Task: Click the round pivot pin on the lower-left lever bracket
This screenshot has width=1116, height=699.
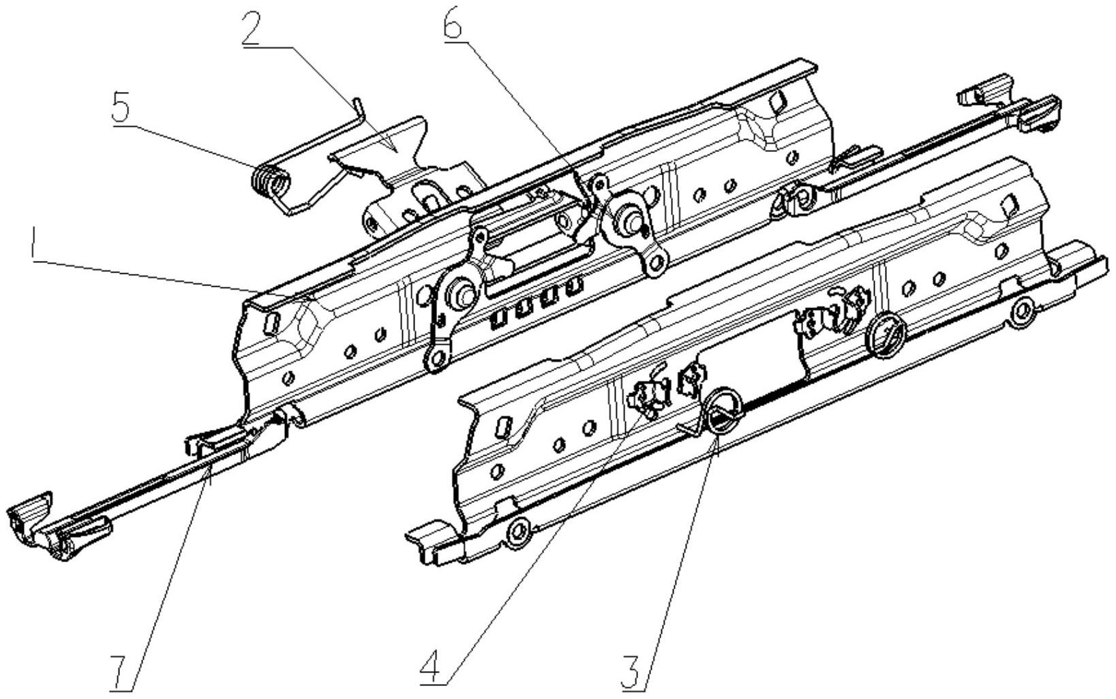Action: (462, 294)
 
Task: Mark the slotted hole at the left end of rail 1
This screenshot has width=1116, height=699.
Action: (271, 324)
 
